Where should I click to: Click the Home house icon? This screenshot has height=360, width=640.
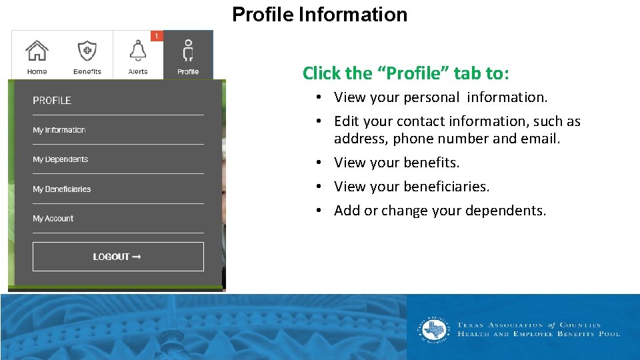tap(37, 51)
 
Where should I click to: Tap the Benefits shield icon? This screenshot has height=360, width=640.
tap(87, 51)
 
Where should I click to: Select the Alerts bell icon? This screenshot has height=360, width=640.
tap(138, 51)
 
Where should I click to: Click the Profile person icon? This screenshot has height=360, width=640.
tap(188, 51)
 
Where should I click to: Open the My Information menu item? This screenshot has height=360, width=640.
tap(59, 130)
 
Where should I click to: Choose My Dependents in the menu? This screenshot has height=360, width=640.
tap(61, 159)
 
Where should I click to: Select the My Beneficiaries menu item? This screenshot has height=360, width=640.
tap(62, 189)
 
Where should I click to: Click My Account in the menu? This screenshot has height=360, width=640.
tap(53, 219)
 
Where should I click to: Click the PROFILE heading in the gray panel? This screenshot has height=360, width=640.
tap(52, 101)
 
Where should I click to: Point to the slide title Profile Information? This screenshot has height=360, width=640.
tap(319, 15)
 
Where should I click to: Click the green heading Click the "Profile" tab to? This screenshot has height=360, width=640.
tap(405, 73)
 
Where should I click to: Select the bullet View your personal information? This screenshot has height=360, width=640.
tap(441, 97)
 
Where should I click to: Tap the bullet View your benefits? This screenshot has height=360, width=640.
tap(397, 163)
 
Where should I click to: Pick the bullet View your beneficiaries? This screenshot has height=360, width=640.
tap(411, 187)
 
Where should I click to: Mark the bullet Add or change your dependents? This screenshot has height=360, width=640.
tap(440, 211)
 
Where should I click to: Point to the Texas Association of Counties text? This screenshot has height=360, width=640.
tap(529, 325)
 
